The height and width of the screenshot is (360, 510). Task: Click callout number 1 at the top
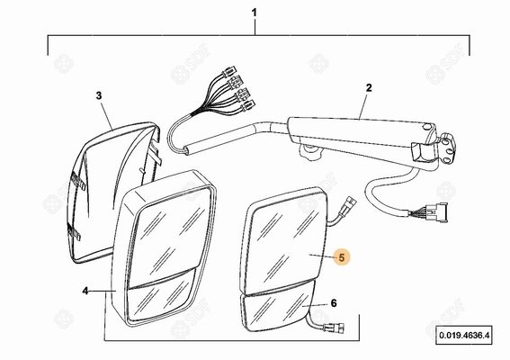[x=255, y=13]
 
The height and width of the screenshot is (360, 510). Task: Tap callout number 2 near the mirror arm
[x=369, y=88]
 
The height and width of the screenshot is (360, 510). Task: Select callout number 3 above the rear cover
[x=99, y=95]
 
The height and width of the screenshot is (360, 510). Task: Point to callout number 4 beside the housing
[x=85, y=291]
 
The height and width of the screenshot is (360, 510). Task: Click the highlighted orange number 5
[x=342, y=257]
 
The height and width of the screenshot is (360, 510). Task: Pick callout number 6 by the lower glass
[x=334, y=303]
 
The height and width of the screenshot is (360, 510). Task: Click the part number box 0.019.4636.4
[x=464, y=335]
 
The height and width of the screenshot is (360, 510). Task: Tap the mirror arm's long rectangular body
[x=358, y=131]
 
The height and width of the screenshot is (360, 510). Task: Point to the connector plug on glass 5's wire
[x=348, y=206]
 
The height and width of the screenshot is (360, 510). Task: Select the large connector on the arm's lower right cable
[x=437, y=211]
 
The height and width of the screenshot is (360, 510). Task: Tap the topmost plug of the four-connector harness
[x=229, y=70]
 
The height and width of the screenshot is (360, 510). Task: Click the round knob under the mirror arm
[x=309, y=152]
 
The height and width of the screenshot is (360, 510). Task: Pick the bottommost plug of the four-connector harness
[x=248, y=105]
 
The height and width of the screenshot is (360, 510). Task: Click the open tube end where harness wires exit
[x=187, y=151]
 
